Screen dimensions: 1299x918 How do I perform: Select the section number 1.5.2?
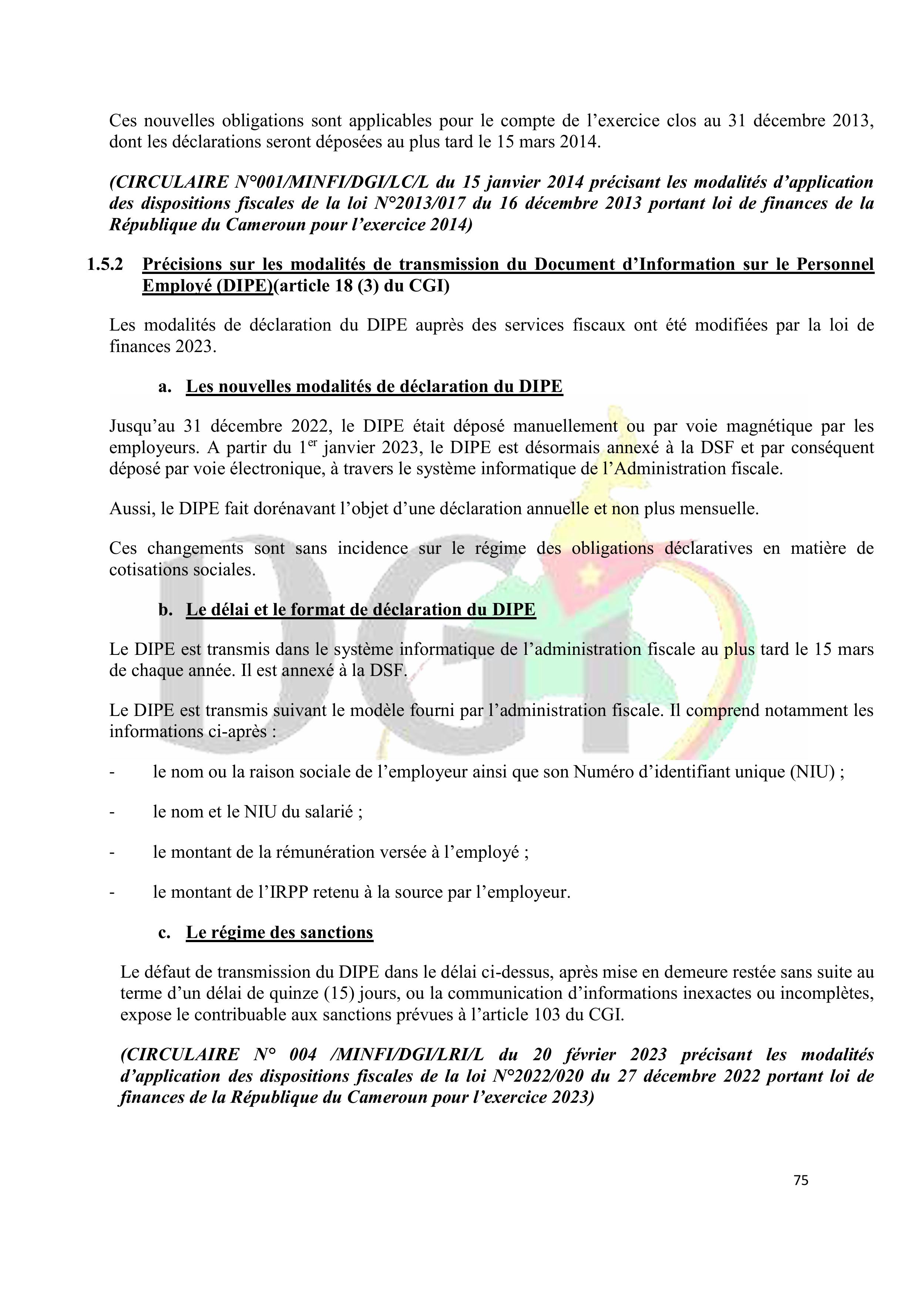click(105, 264)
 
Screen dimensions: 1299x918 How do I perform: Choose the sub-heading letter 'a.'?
click(165, 386)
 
